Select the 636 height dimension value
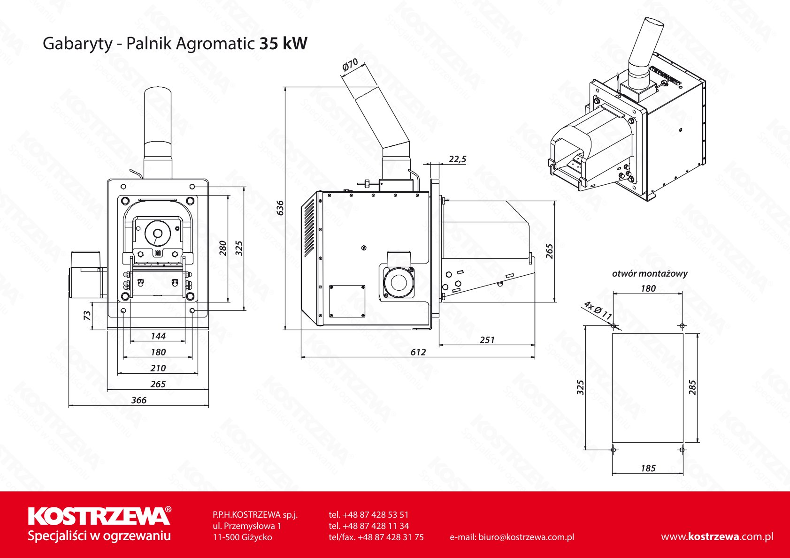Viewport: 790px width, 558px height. pyautogui.click(x=280, y=207)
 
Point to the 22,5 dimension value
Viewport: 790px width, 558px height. pyautogui.click(x=457, y=159)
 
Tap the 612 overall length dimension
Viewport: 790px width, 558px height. pyautogui.click(x=418, y=352)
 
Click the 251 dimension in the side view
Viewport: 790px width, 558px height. pyautogui.click(x=487, y=340)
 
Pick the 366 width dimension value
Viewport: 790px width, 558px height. pyautogui.click(x=138, y=400)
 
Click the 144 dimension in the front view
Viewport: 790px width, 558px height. pyautogui.click(x=158, y=336)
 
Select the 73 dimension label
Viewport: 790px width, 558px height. pyautogui.click(x=87, y=316)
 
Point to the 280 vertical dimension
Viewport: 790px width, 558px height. pyautogui.click(x=223, y=248)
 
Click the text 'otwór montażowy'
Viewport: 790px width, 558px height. pyautogui.click(x=649, y=273)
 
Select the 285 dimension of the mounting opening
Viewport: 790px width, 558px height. pyautogui.click(x=692, y=387)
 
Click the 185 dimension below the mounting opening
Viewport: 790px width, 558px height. pyautogui.click(x=648, y=468)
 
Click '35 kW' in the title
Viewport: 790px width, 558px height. pyautogui.click(x=283, y=44)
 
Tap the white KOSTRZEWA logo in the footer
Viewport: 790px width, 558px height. pyautogui.click(x=99, y=516)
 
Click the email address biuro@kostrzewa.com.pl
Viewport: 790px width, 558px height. pyautogui.click(x=512, y=537)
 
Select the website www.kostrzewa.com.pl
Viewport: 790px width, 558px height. pyautogui.click(x=717, y=537)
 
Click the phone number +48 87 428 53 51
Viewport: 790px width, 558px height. pyautogui.click(x=369, y=515)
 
